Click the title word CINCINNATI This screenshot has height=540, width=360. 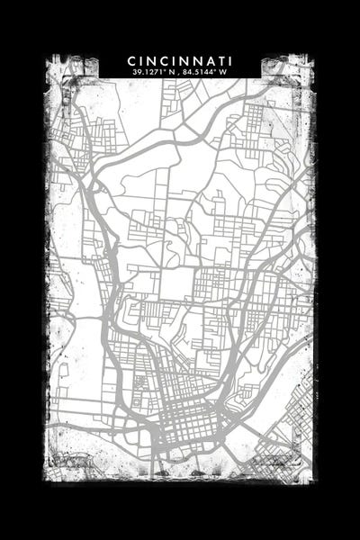(180, 60)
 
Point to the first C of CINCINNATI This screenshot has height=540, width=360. (132, 60)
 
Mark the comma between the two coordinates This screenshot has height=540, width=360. (184, 72)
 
